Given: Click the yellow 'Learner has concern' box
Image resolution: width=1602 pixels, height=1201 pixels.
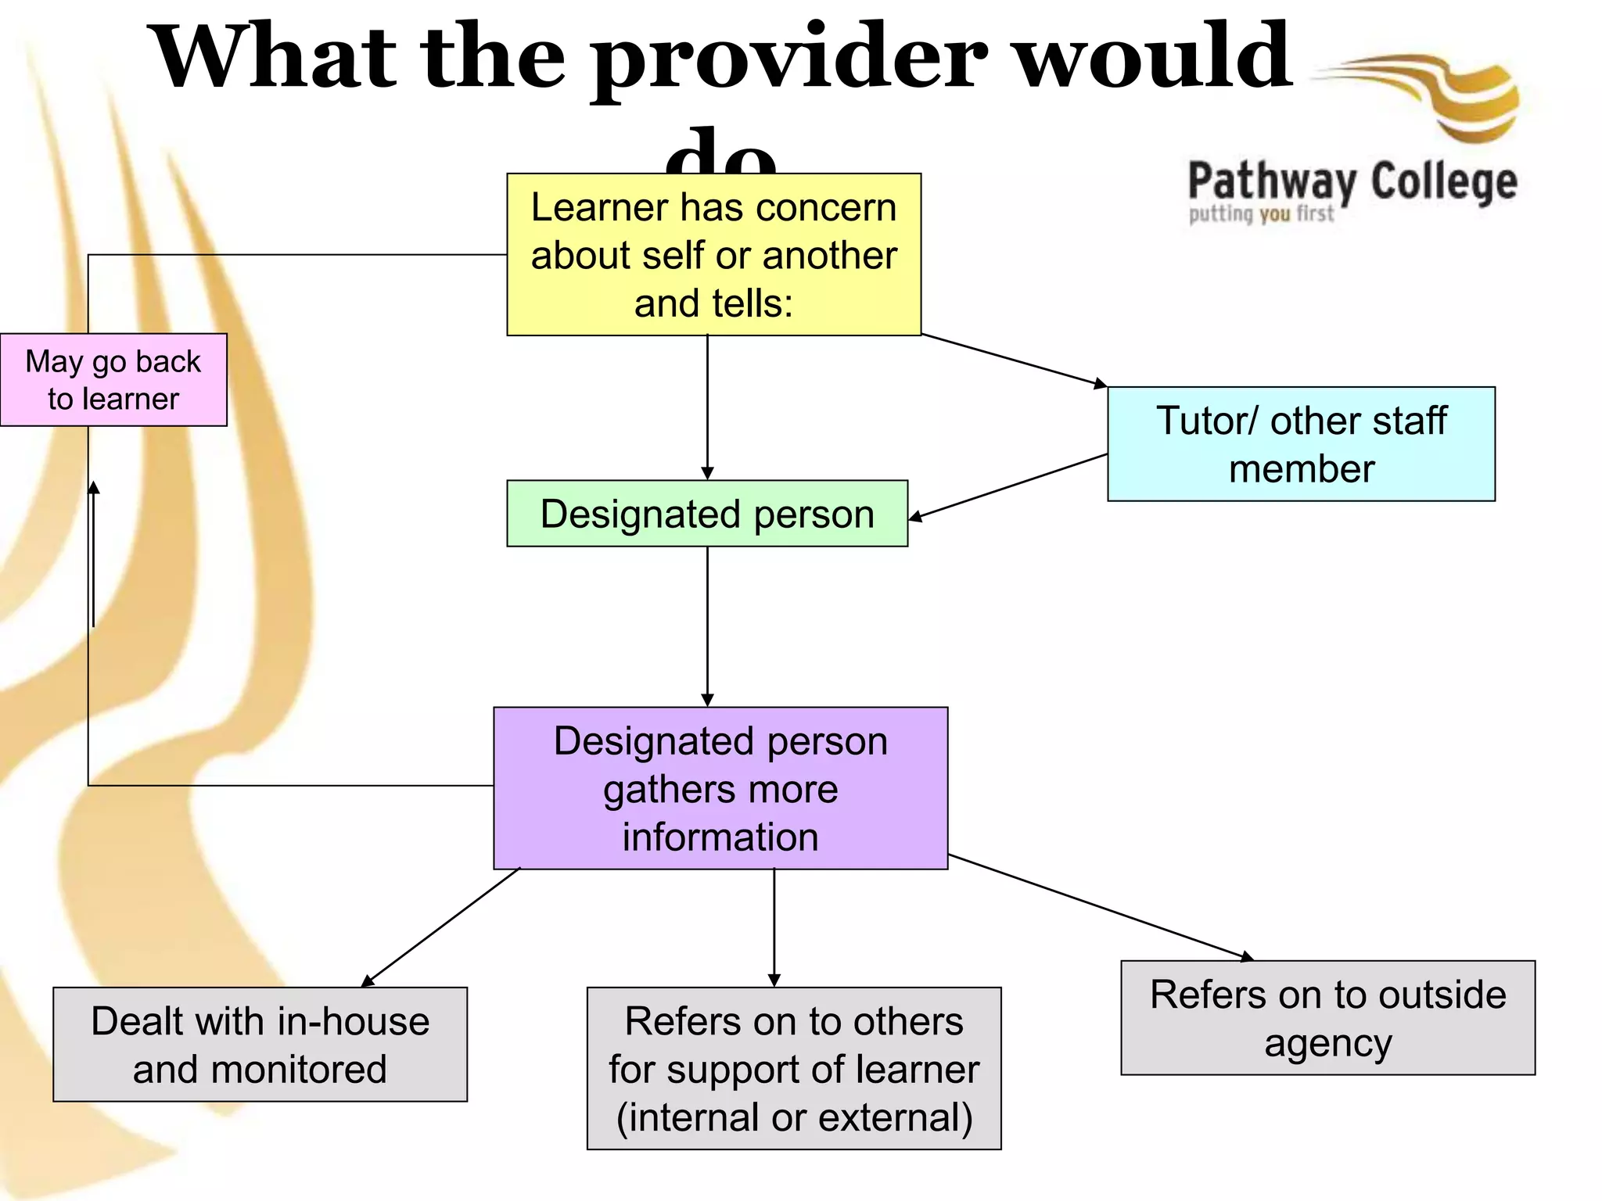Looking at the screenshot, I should (713, 255).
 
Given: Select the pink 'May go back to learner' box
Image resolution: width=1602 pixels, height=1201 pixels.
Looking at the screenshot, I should (113, 380).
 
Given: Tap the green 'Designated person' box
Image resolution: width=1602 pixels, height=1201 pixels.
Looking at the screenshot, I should (707, 514).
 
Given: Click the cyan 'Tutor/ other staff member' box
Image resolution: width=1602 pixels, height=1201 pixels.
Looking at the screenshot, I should (1301, 444).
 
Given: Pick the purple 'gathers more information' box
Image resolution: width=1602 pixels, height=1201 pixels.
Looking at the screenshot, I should (720, 788).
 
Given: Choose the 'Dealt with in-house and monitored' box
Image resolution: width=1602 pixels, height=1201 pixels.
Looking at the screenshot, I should (260, 1045).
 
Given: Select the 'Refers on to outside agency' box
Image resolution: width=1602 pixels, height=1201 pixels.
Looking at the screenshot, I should (1327, 1018).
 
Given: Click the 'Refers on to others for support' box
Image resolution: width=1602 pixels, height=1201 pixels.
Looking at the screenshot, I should (794, 1068).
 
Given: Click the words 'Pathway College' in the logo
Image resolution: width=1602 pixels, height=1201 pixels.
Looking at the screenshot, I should (1352, 181).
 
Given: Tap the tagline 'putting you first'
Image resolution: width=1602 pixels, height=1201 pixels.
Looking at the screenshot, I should (1261, 214).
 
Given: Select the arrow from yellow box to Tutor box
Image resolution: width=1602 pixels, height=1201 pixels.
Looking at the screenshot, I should (1014, 360).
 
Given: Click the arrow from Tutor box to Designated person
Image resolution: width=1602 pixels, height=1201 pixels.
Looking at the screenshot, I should (1008, 486).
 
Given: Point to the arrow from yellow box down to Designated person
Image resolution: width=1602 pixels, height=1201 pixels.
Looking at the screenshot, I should (707, 407).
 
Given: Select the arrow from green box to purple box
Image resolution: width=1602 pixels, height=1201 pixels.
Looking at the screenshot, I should (707, 626).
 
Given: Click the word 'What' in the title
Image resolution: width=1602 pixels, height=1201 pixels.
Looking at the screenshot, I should (274, 59).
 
